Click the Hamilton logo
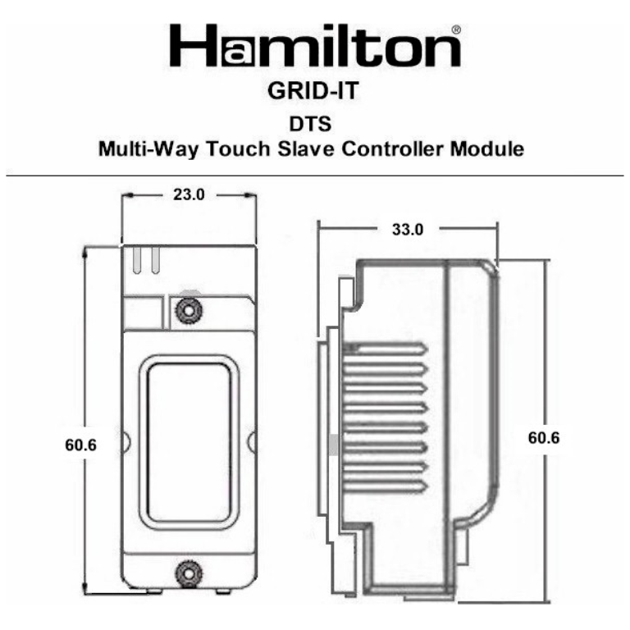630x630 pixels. tap(314, 48)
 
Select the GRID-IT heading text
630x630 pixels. tap(313, 92)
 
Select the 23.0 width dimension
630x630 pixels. tap(189, 195)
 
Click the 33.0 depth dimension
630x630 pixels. tap(407, 230)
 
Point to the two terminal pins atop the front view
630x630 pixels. tap(145, 260)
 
